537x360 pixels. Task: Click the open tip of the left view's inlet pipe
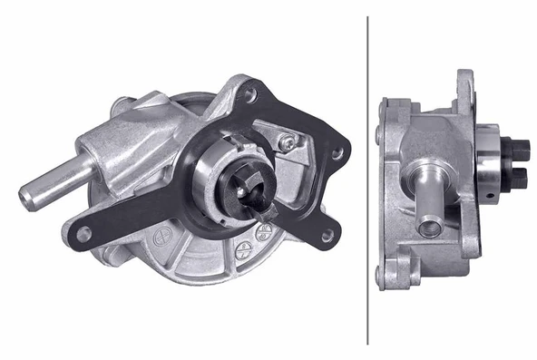click(26, 192)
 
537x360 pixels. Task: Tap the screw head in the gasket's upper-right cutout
click(288, 141)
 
